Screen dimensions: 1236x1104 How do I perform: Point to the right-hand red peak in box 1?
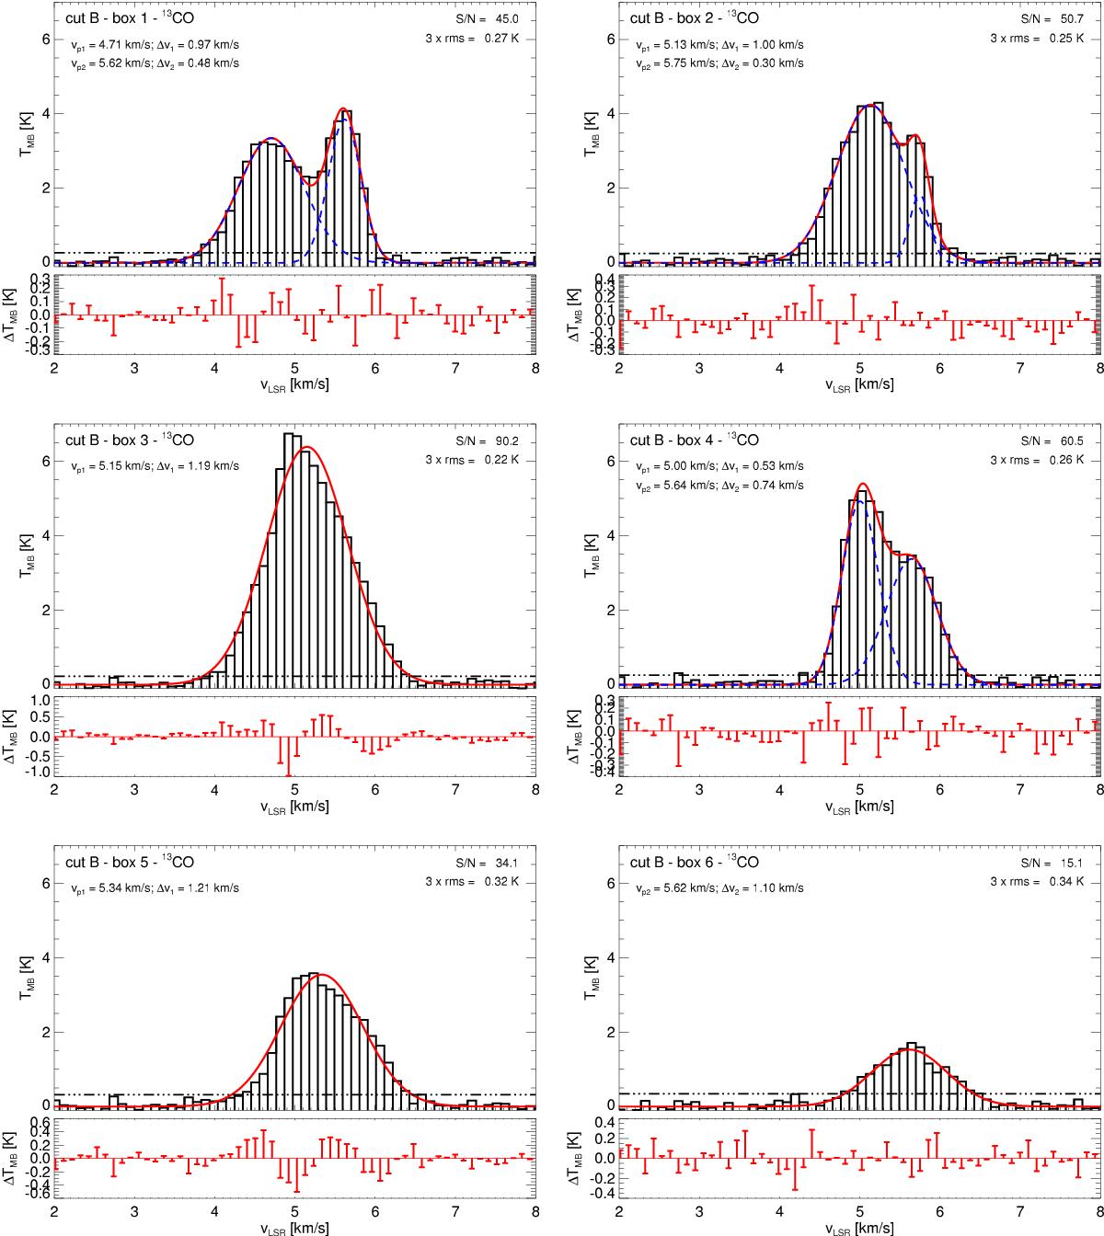click(343, 109)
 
